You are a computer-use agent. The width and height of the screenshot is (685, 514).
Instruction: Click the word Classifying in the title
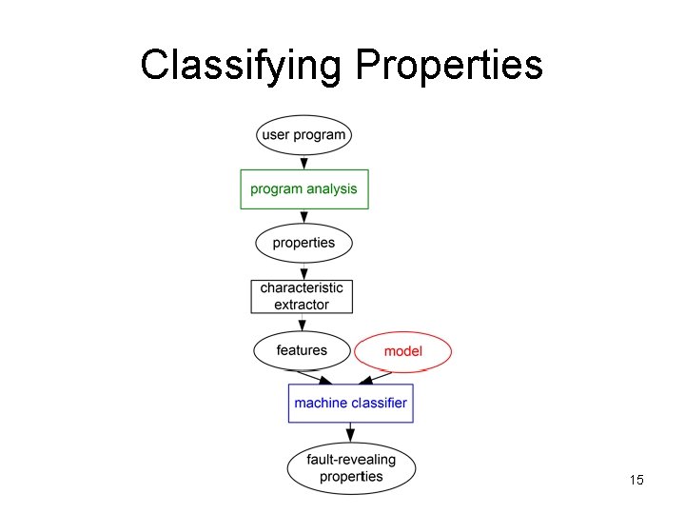coord(241,65)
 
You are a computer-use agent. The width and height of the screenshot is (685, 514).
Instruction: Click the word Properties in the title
coord(449,65)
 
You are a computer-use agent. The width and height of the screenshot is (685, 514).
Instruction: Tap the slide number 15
coord(636,480)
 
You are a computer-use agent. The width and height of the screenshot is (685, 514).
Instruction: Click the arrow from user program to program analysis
coord(304,162)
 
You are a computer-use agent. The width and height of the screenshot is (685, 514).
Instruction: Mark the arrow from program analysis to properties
coord(304,216)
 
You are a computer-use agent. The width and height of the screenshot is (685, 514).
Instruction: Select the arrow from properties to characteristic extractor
coord(304,271)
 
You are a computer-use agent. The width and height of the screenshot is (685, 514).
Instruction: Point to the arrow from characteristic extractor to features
coord(303,322)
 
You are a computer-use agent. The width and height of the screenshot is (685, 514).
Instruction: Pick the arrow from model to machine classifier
coord(375,378)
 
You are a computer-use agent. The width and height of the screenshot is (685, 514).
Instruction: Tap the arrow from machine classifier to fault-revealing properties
coord(350,433)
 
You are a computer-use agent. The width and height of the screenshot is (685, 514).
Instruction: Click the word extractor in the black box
coord(302,305)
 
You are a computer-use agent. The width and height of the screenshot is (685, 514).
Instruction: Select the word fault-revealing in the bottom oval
coord(351,460)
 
